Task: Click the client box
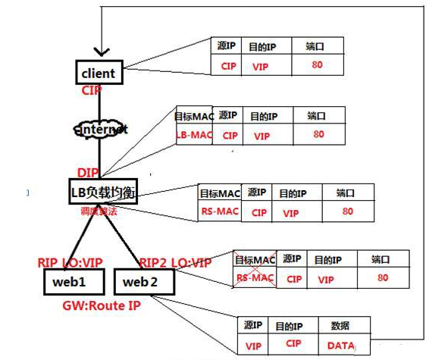tap(99, 73)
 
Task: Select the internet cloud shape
tap(100, 129)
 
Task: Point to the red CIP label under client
tap(92, 90)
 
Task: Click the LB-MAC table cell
tap(194, 135)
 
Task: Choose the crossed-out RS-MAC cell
tap(254, 278)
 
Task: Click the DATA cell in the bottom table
tap(340, 345)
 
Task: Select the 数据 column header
tap(340, 326)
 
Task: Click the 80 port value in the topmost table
tap(317, 66)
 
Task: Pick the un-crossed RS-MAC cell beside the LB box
tap(218, 211)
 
